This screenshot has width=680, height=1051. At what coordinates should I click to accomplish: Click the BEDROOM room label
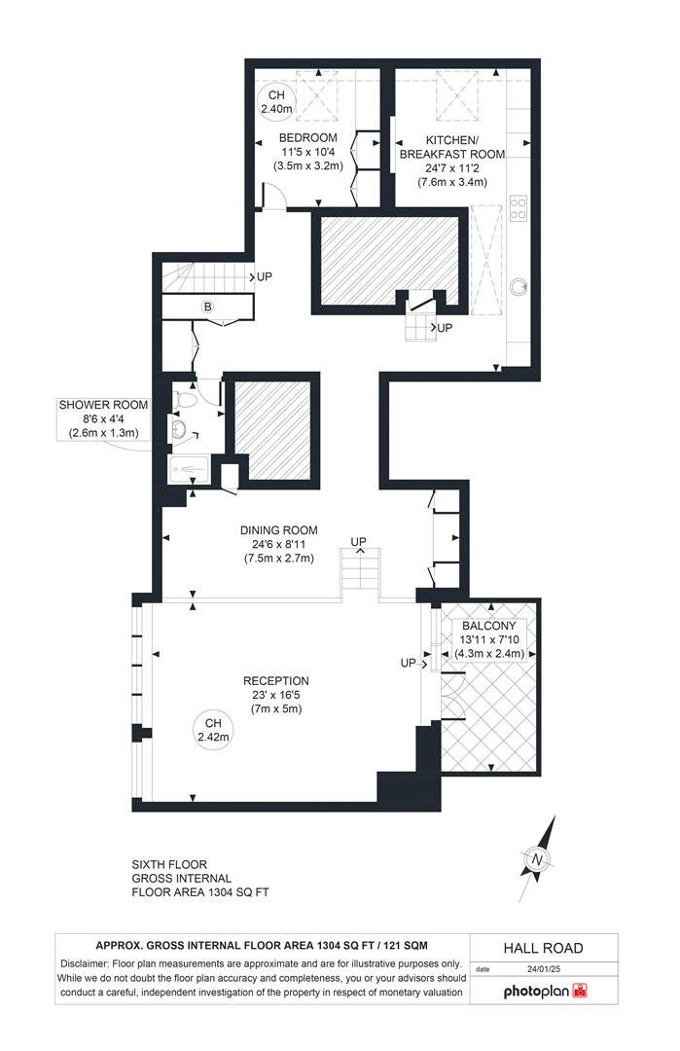(x=307, y=137)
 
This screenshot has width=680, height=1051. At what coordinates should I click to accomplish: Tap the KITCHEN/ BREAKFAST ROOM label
(x=451, y=146)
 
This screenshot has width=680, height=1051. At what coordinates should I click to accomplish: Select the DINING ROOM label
(x=279, y=530)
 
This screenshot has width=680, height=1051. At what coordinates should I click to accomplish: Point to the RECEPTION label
(x=276, y=681)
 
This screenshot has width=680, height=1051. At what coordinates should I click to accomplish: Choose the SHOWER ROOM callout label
(x=103, y=405)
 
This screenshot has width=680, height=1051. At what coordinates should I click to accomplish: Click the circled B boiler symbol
(x=207, y=307)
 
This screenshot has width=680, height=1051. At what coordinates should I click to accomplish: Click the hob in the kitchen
(x=519, y=209)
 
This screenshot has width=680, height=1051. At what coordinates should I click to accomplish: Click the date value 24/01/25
(x=545, y=969)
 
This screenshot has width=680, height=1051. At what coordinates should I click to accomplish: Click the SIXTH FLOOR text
(x=168, y=863)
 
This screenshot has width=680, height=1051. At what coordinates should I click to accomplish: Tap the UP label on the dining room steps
(x=358, y=541)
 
